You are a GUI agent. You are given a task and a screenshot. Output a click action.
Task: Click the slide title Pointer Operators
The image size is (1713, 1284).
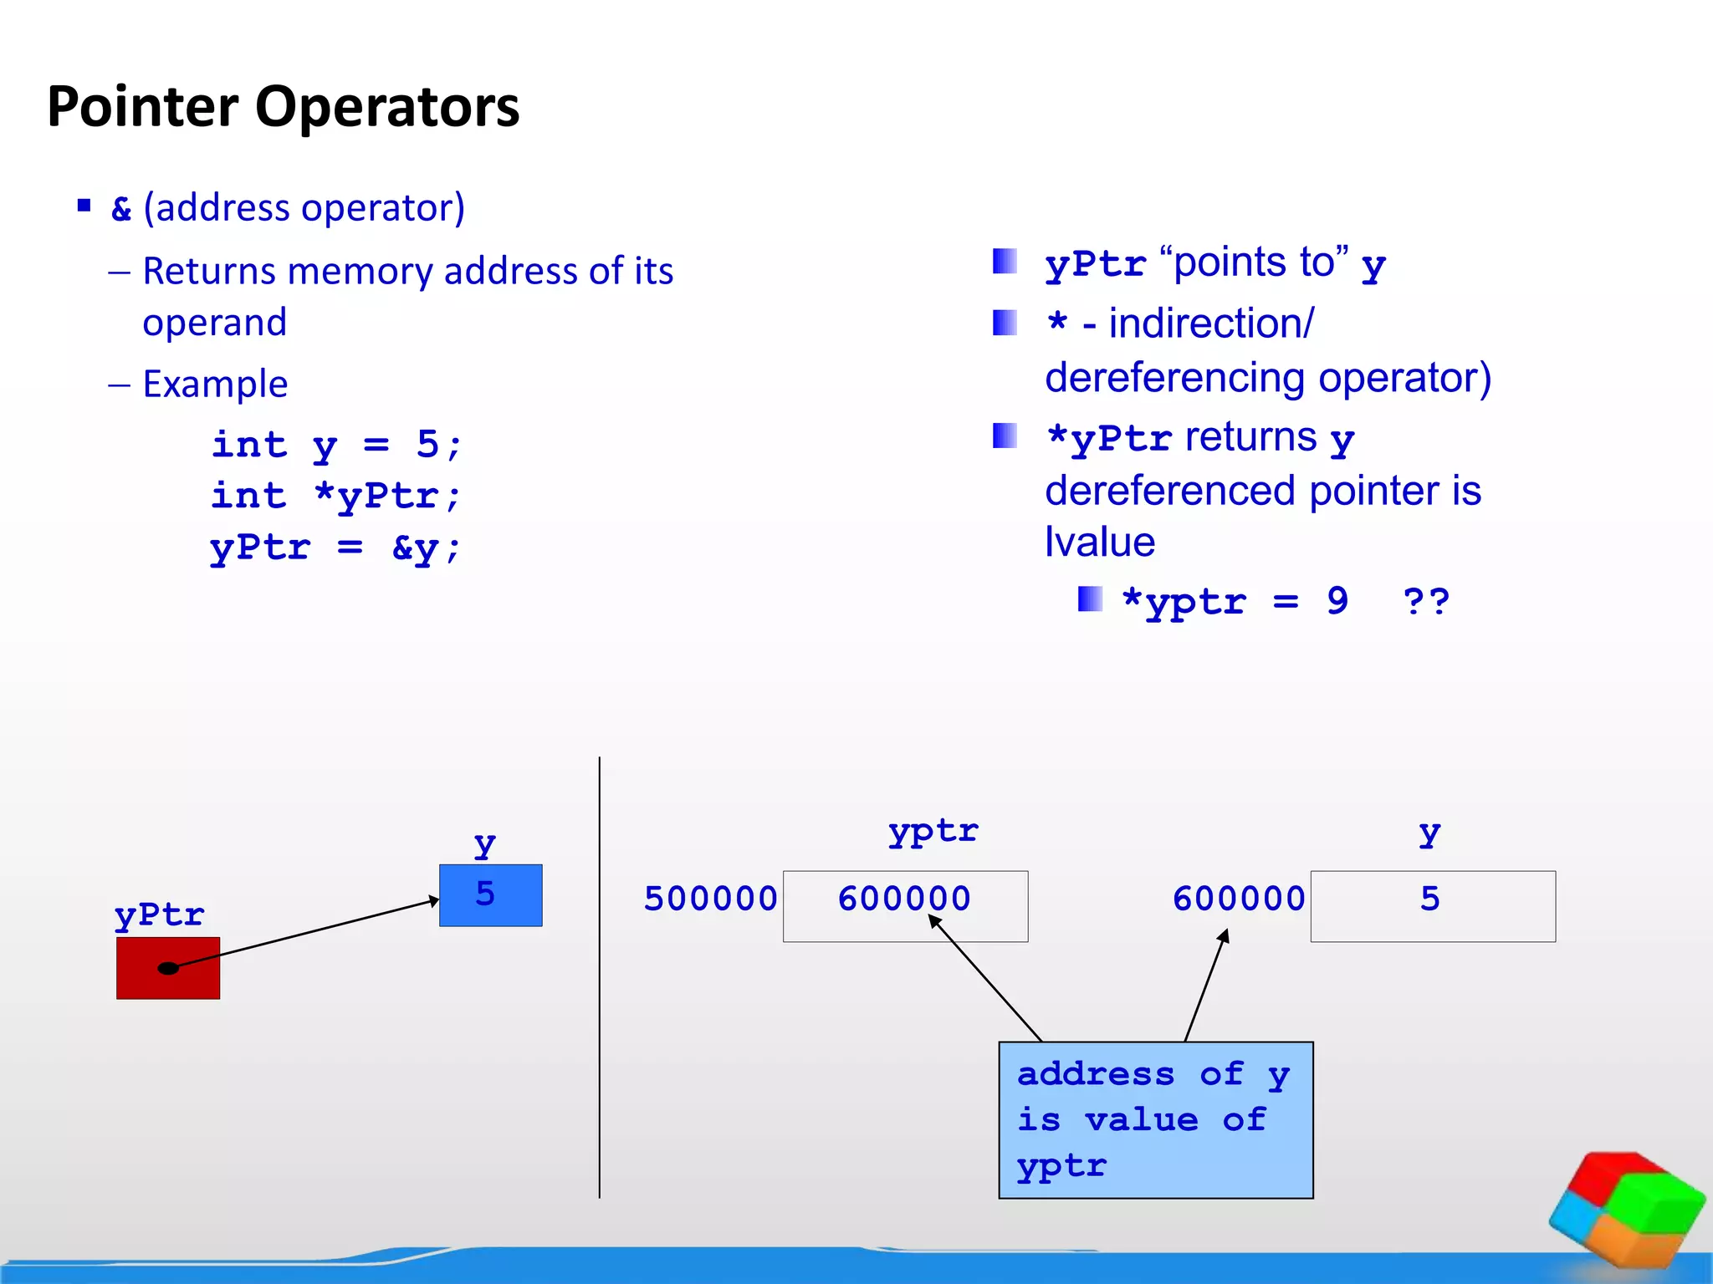[283, 107]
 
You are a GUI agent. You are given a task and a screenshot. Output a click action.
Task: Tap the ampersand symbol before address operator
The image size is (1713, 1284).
[121, 209]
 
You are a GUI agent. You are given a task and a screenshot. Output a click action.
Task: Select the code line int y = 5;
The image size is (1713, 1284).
[336, 445]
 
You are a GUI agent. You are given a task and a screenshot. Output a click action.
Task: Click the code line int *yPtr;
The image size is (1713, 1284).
[336, 497]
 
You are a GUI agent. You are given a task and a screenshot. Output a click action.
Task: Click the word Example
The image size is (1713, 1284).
[215, 385]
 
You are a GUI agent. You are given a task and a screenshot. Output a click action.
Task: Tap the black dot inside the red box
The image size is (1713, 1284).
[168, 968]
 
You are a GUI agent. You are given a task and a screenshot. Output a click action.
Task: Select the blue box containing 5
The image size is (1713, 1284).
[490, 895]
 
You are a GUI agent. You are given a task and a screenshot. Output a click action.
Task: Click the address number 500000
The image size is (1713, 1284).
[710, 899]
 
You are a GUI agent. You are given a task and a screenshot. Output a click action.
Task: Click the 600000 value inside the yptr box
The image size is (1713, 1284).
[904, 899]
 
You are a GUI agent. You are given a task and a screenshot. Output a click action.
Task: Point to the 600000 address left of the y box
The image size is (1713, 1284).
[1238, 899]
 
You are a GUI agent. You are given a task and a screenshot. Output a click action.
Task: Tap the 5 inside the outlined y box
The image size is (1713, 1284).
[1429, 899]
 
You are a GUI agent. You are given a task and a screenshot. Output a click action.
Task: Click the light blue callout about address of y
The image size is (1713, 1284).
[1155, 1119]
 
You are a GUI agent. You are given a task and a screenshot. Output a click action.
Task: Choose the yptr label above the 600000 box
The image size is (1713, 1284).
[933, 832]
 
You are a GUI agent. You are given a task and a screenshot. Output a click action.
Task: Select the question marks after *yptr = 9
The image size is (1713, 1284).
[1425, 601]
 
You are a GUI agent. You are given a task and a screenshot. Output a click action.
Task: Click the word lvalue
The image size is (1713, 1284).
[1100, 543]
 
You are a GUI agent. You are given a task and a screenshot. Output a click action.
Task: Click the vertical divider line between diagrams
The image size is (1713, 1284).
[600, 978]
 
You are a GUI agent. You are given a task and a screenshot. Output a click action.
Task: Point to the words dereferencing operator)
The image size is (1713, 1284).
[1267, 378]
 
